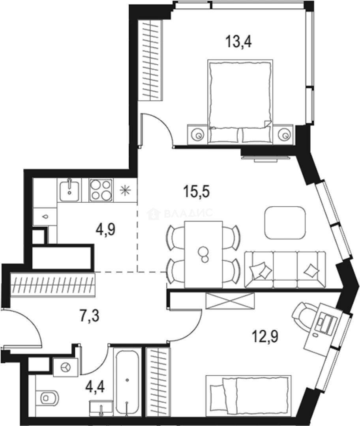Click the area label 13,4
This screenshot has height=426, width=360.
point(239,41)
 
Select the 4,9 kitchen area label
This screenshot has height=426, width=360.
point(106,229)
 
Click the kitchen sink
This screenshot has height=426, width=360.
point(70,190)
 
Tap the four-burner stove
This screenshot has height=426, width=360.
point(101,190)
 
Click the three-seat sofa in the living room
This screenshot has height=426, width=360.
point(285,270)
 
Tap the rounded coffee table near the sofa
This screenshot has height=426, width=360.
point(285,222)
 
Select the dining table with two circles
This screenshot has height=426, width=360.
point(204,254)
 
